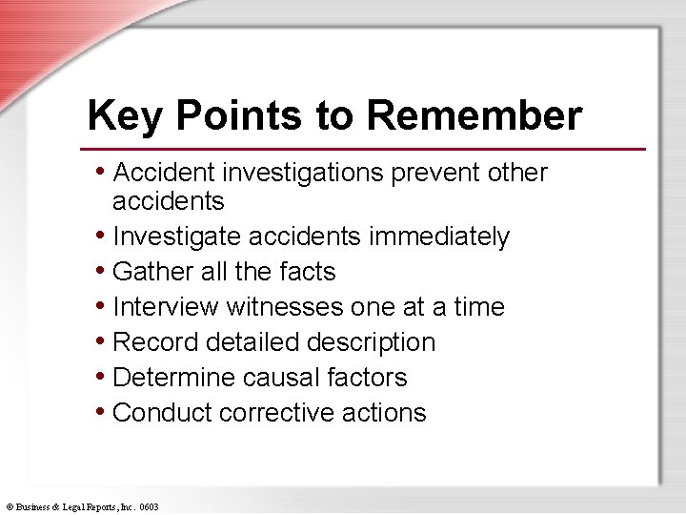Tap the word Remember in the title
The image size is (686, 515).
pos(474,116)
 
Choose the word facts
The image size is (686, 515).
pos(307,272)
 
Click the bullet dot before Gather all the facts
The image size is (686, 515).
pos(101,272)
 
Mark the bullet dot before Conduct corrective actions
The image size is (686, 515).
pos(101,412)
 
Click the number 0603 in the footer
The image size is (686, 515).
pos(149,506)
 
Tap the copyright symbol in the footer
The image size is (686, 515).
pos(9,506)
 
